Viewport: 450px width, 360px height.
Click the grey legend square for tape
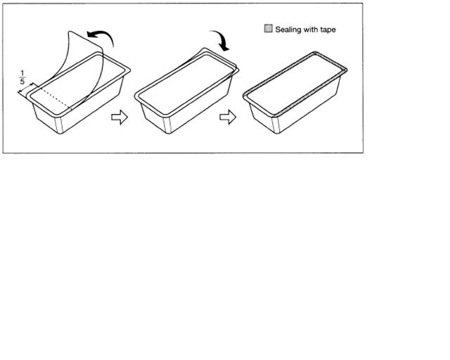tap(268, 28)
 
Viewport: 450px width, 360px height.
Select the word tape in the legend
tap(328, 30)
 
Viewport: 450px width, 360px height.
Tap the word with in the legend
tap(311, 30)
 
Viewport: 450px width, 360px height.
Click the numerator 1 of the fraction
tap(22, 73)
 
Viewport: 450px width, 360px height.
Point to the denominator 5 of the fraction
tap(22, 82)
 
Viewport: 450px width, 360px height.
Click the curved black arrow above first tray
tap(101, 36)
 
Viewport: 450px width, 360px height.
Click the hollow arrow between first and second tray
tap(120, 117)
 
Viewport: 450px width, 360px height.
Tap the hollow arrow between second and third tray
tap(228, 117)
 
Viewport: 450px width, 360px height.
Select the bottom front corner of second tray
tap(168, 133)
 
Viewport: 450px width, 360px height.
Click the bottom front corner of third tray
tap(276, 133)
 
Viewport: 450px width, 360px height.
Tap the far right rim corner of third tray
tap(346, 70)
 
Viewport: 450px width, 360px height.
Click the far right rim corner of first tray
tap(129, 70)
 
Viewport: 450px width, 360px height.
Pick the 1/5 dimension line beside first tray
tap(28, 88)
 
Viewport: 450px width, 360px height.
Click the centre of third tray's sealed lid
tap(295, 83)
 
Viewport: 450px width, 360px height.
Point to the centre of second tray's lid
tap(186, 83)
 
